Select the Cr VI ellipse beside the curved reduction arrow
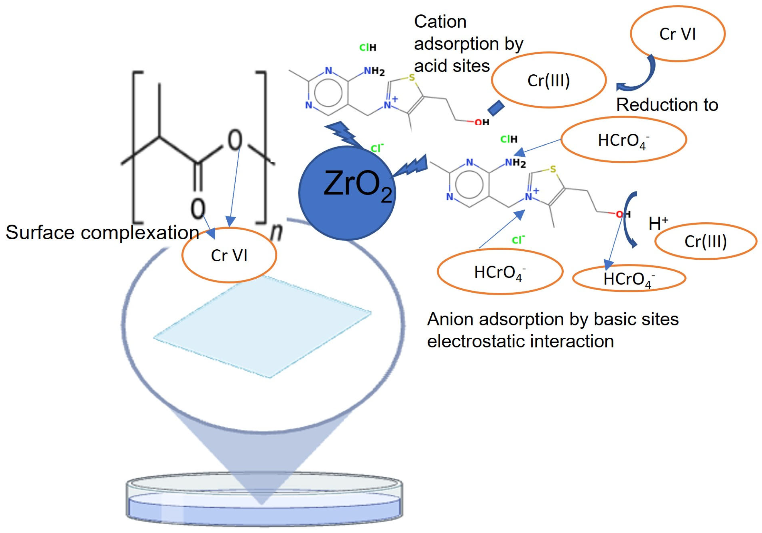677,33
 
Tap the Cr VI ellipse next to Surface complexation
229,255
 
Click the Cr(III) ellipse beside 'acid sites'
549,80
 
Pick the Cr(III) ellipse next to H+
706,241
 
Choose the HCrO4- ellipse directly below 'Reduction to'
623,140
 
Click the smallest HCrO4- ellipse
629,278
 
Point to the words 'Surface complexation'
102,232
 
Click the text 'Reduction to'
667,105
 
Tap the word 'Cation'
440,22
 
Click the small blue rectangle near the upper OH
496,108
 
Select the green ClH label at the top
368,48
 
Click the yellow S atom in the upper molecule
412,78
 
